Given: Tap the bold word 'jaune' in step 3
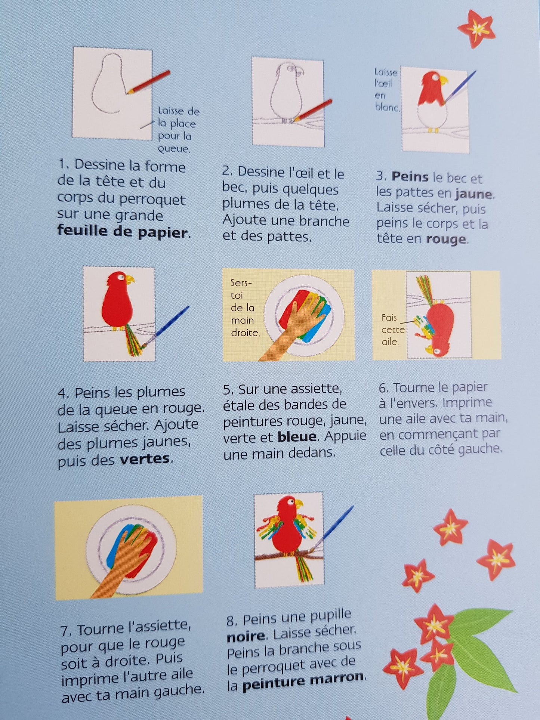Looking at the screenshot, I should [x=474, y=194].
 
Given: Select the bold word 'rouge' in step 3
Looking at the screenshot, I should [x=445, y=239].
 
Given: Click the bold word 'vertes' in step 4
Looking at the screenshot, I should [x=145, y=459].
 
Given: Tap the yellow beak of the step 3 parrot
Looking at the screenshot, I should [x=443, y=80].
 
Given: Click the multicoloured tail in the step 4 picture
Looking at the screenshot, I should [x=134, y=340].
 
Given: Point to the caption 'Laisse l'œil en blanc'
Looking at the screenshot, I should [x=386, y=90].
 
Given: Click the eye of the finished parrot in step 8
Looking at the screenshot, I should [x=290, y=504].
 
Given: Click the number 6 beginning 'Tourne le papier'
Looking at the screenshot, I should [x=383, y=388].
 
